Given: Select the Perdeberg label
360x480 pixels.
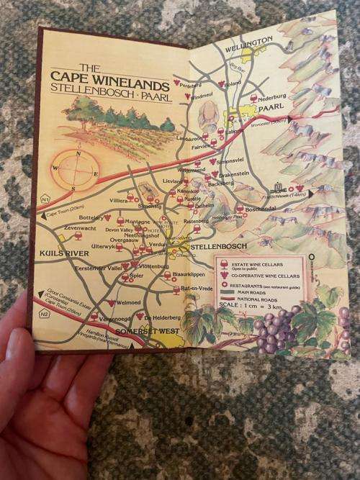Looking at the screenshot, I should [212, 85].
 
